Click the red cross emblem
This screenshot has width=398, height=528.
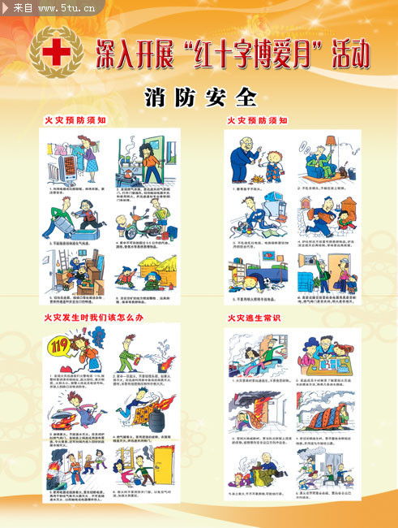[x=56, y=52]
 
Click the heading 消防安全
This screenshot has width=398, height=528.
[x=201, y=97]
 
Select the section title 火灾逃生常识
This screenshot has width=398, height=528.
[x=255, y=318]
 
